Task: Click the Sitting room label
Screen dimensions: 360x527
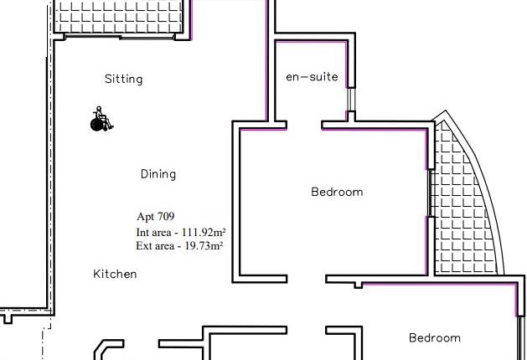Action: [123, 80]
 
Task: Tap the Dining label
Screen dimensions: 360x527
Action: [158, 174]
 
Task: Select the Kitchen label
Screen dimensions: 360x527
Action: [115, 274]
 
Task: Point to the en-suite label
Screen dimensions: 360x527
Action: [312, 77]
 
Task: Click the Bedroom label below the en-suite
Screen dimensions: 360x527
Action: [337, 192]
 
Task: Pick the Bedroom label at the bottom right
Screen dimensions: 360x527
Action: [434, 338]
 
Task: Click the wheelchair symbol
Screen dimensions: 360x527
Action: [101, 120]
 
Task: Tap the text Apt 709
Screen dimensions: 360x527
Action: [155, 217]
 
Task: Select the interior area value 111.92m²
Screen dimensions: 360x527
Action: [202, 232]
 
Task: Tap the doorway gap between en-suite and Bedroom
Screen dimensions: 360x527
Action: [304, 127]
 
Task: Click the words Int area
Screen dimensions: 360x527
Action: [152, 232]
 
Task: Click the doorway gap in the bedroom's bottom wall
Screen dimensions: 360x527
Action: [306, 279]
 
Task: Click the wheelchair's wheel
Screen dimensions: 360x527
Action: [96, 125]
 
